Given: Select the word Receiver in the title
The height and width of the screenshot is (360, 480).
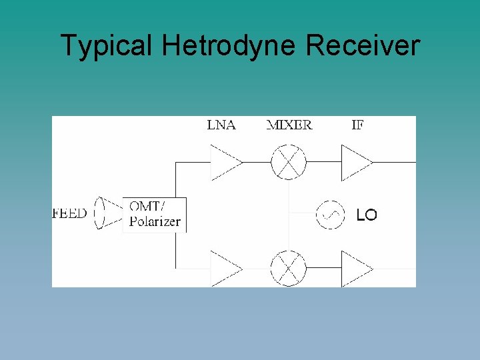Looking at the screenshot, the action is point(363,46).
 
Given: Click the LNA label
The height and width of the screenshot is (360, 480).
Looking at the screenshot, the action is point(221,125).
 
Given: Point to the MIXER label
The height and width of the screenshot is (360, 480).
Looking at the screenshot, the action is point(289,125).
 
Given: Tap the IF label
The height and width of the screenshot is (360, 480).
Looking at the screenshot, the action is point(357,125).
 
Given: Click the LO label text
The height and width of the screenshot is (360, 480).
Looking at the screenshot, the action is point(366,215).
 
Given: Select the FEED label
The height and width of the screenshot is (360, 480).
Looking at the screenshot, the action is point(69,214).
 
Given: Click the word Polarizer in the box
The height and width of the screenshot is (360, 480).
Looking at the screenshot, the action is point(155,222).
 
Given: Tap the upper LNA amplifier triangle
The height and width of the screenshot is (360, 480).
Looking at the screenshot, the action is point(224,162).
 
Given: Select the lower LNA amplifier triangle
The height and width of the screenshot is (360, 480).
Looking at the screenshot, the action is point(224,269).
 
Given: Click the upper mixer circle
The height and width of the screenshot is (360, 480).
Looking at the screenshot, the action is point(288,162).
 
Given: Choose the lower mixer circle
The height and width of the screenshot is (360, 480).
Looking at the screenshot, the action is point(288,269).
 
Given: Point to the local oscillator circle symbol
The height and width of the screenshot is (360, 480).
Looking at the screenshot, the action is point(330,215).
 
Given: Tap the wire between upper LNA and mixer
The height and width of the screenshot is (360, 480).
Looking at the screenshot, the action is point(257,162).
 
